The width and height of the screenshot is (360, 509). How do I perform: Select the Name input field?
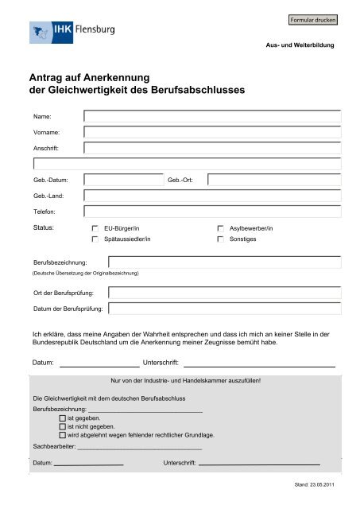point(212,116)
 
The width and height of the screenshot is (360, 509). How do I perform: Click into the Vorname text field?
point(212,132)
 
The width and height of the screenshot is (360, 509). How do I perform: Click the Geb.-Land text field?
point(212,196)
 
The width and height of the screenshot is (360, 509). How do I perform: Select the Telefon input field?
point(212,212)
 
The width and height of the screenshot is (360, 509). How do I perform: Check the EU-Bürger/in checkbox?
point(95,229)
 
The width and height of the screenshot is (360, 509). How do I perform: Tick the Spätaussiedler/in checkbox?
point(95,239)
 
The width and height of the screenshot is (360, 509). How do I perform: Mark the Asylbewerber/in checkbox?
point(220,229)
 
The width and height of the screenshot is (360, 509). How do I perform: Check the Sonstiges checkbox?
point(220,239)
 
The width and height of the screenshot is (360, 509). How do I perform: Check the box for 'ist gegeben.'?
point(63,418)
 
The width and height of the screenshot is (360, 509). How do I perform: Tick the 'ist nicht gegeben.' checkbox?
point(63,426)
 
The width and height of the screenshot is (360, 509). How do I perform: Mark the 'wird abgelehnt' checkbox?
point(63,436)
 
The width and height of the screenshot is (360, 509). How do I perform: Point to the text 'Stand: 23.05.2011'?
point(313,484)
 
